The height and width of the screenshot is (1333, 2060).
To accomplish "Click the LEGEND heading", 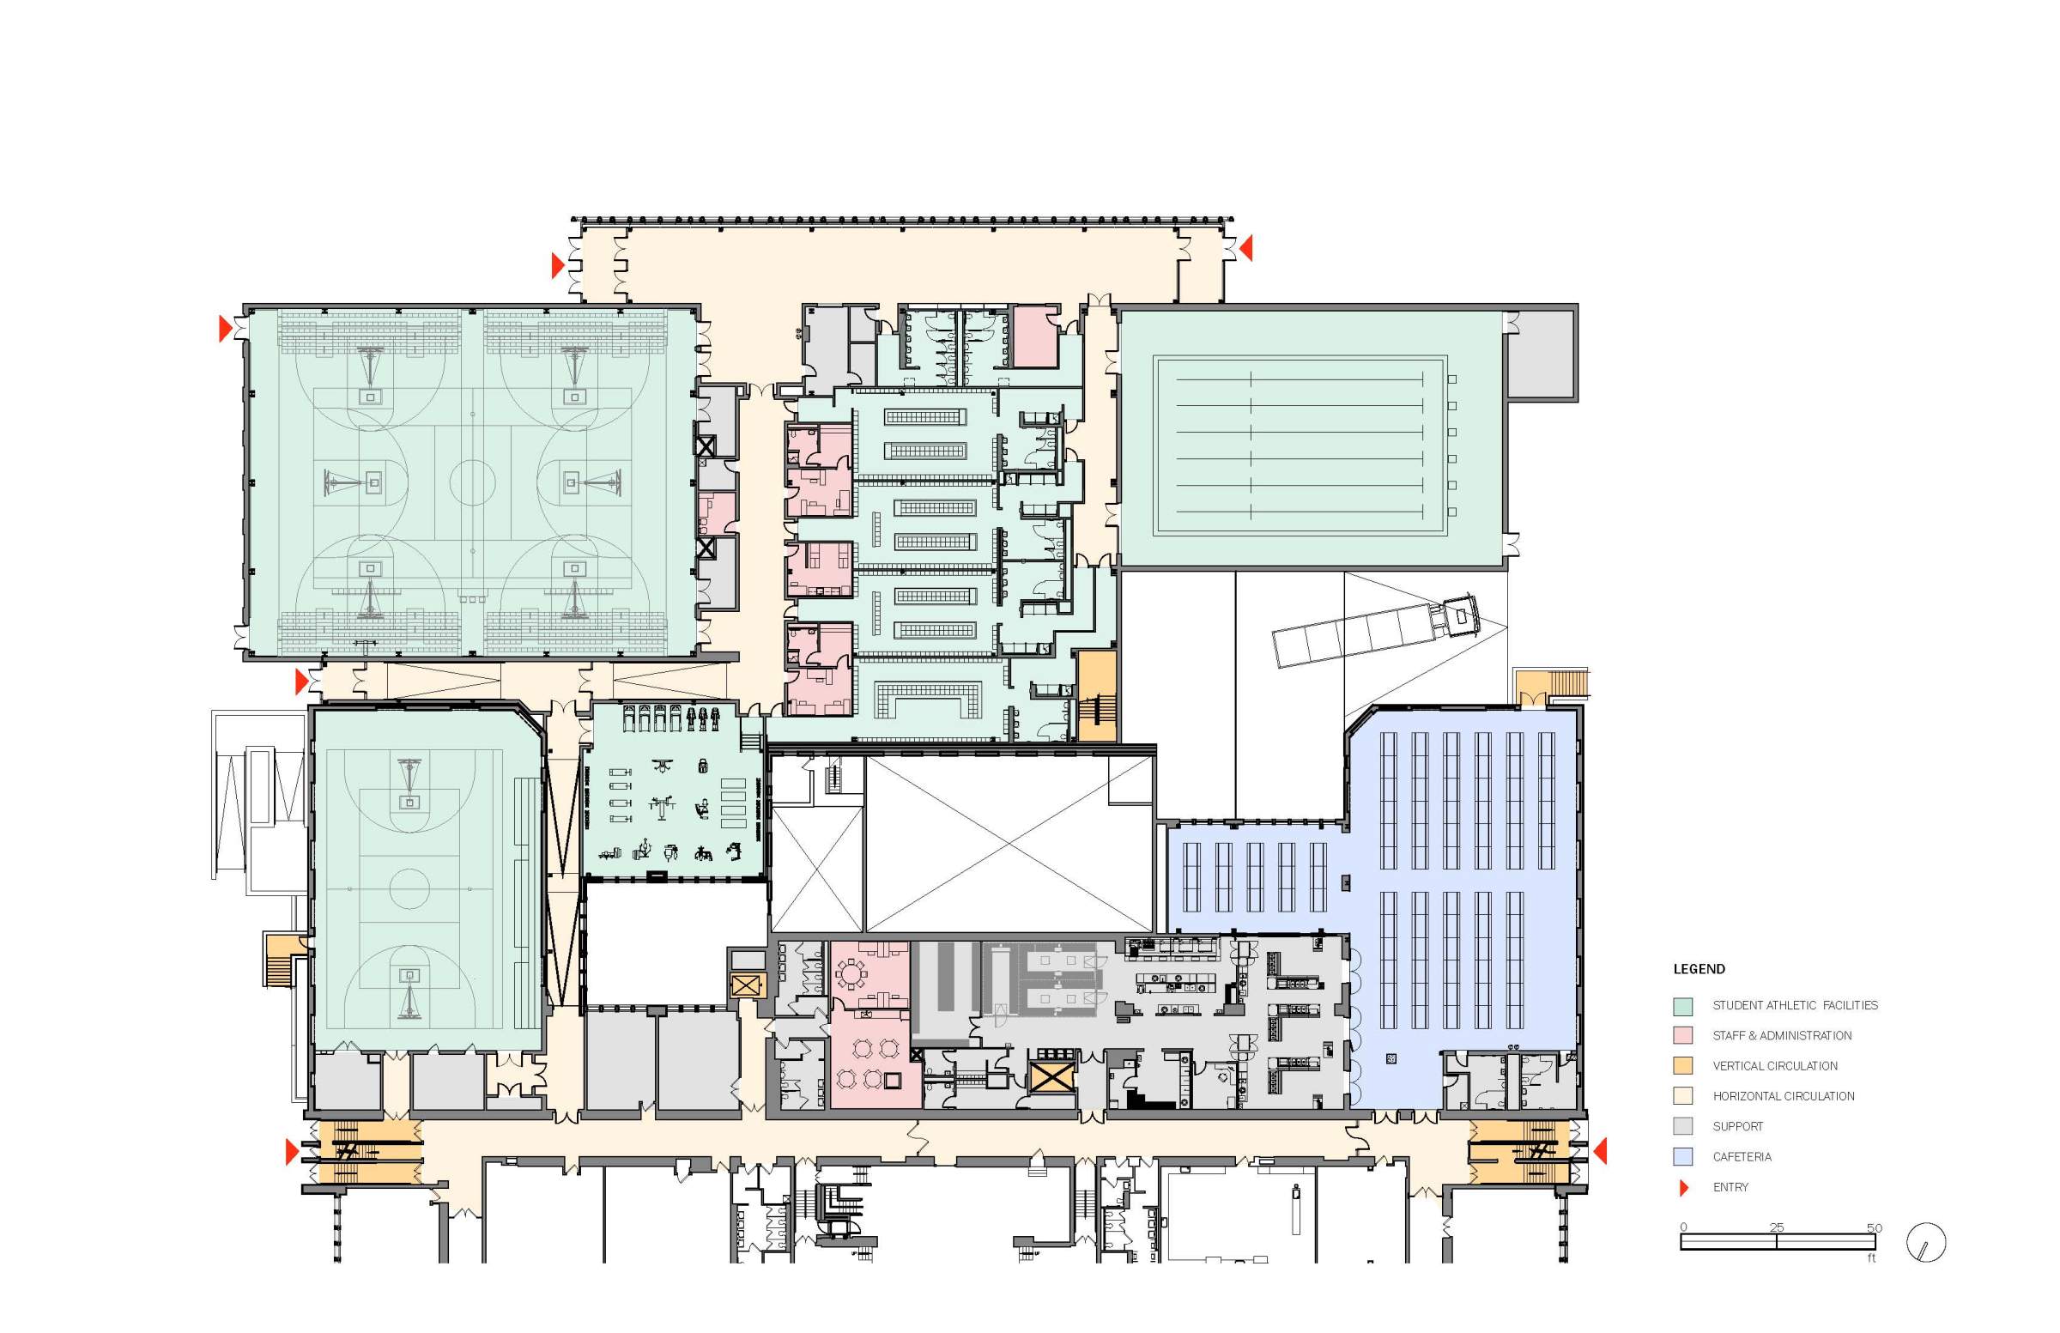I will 1699,968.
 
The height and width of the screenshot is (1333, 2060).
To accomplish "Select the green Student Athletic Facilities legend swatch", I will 1682,1006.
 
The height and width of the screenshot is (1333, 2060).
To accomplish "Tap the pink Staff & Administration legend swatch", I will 1682,1035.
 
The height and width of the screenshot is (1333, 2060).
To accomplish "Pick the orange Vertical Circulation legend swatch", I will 1682,1065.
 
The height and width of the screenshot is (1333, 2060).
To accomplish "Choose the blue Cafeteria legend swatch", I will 1682,1156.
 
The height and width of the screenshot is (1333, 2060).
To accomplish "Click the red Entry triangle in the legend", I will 1683,1188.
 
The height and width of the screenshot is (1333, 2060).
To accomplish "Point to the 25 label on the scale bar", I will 1776,1227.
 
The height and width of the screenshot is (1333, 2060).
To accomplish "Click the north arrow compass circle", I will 1926,1243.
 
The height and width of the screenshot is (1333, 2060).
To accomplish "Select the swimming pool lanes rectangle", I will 1300,445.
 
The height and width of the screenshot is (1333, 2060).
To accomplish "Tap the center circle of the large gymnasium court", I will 473,482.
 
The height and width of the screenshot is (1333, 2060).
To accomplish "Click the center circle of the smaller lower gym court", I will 409,888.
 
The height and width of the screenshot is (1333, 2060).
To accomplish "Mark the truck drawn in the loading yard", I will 1376,629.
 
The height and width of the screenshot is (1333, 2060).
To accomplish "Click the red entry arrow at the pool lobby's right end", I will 1246,248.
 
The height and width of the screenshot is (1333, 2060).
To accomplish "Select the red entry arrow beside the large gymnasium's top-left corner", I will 225,329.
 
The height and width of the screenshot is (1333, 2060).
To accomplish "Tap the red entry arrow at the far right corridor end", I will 1601,1151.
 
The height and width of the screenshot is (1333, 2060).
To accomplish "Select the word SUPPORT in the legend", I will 1737,1126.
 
